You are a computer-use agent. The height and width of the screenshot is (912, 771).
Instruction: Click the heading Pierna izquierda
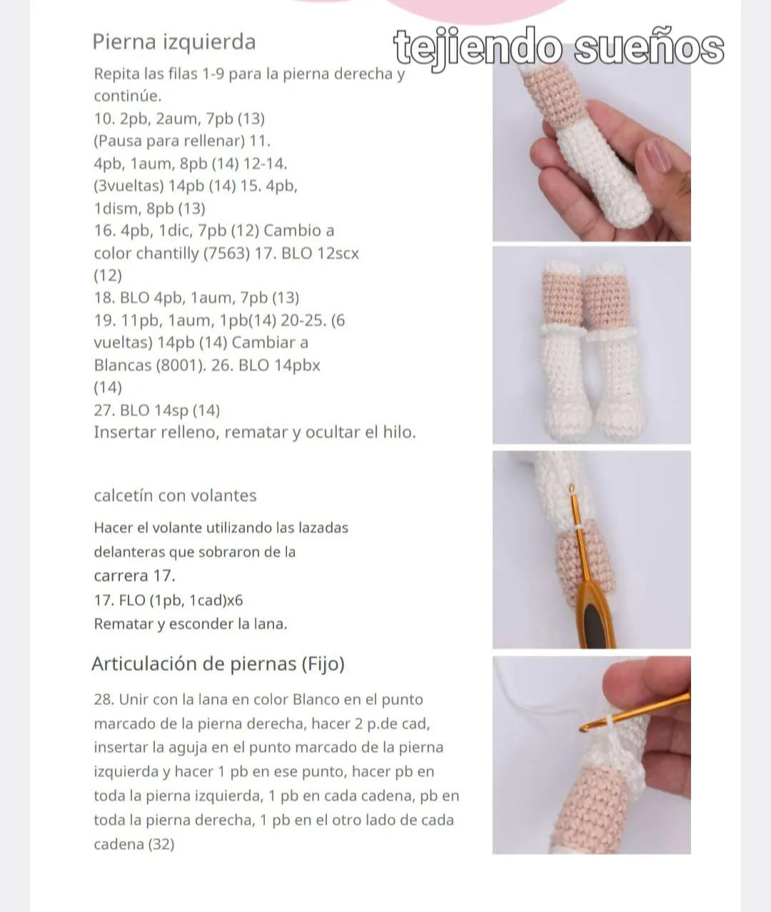pyautogui.click(x=173, y=41)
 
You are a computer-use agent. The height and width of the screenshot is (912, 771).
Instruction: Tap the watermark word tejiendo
pyautogui.click(x=478, y=49)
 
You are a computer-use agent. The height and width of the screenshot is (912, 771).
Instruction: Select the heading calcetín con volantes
pyautogui.click(x=175, y=495)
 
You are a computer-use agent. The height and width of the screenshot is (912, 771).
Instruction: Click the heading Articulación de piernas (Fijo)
pyautogui.click(x=218, y=664)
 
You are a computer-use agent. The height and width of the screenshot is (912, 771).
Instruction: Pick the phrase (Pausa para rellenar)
pyautogui.click(x=169, y=141)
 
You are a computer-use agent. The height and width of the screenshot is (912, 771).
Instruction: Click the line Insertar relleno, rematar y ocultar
pyautogui.click(x=254, y=432)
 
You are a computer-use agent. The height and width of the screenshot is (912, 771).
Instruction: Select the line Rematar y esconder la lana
pyautogui.click(x=190, y=624)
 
